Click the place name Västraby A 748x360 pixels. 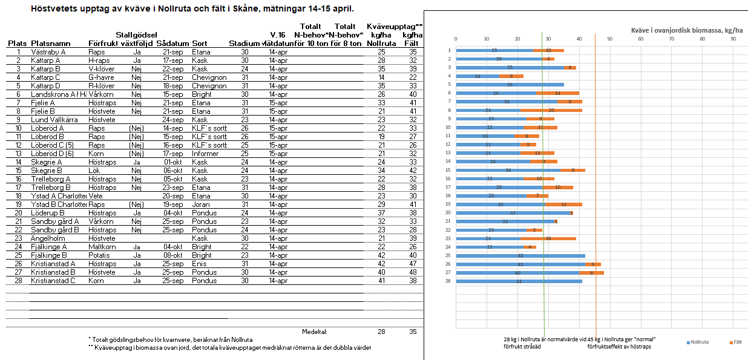click(48, 52)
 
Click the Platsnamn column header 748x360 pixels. click(50, 44)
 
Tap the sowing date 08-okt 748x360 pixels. click(172, 255)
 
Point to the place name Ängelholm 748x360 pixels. click(47, 238)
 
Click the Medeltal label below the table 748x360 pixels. click(314, 332)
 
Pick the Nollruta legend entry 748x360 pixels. click(698, 343)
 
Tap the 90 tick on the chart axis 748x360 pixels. click(733, 39)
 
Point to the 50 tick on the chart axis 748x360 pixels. click(609, 39)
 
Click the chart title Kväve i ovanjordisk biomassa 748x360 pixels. click(686, 30)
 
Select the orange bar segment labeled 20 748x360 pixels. click(551, 110)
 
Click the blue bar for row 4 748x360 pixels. click(477, 76)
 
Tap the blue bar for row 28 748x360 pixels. click(519, 281)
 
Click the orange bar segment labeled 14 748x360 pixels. click(557, 93)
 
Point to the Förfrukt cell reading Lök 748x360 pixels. click(94, 171)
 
